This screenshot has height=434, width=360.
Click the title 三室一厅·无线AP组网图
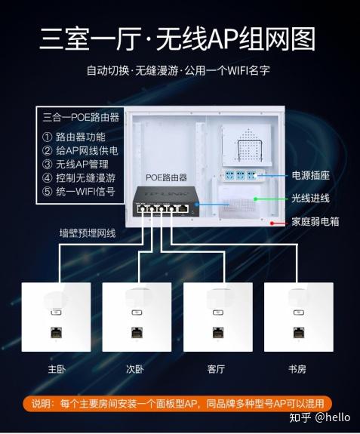coord(177,39)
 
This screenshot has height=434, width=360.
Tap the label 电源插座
coord(310,175)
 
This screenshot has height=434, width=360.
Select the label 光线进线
coord(310,199)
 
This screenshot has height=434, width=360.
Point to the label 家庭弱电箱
coord(315,222)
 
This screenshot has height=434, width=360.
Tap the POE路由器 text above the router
coord(166,177)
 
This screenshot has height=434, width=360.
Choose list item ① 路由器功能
coord(74,137)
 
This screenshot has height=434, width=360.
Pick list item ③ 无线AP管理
coord(75,164)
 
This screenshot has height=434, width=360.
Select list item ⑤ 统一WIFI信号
coord(78,191)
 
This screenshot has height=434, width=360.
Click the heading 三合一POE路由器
coord(81,117)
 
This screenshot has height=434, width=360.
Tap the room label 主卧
coord(57,369)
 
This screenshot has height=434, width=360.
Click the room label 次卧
coord(135,369)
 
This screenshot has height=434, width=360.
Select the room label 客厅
coord(216,369)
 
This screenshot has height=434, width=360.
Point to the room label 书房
coord(297,369)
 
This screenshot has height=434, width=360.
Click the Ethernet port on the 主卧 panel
coord(56,332)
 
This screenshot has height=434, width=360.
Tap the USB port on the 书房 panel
coord(299,312)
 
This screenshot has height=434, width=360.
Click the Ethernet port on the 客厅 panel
coord(218,332)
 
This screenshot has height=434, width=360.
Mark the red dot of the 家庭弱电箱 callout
coord(272,223)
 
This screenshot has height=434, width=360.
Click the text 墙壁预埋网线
coord(88,233)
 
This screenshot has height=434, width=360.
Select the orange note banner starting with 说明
coord(177,403)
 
